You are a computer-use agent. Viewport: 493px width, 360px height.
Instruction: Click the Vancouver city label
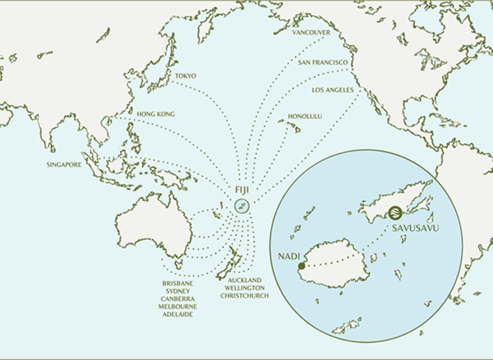pyautogui.click(x=311, y=32)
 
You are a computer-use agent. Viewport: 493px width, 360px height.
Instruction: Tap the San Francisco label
pyautogui.click(x=323, y=62)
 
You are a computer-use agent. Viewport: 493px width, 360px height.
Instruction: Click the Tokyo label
pyautogui.click(x=185, y=77)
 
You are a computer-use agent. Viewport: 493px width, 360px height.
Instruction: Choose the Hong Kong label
pyautogui.click(x=156, y=114)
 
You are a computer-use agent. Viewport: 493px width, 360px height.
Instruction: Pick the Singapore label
pyautogui.click(x=65, y=165)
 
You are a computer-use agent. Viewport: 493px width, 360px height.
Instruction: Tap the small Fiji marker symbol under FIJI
pyautogui.click(x=242, y=206)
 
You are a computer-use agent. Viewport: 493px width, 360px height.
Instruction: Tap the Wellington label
pyautogui.click(x=244, y=289)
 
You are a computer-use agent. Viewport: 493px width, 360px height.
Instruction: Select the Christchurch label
pyautogui.click(x=244, y=296)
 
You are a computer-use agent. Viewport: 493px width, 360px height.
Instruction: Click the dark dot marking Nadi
pyautogui.click(x=301, y=265)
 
